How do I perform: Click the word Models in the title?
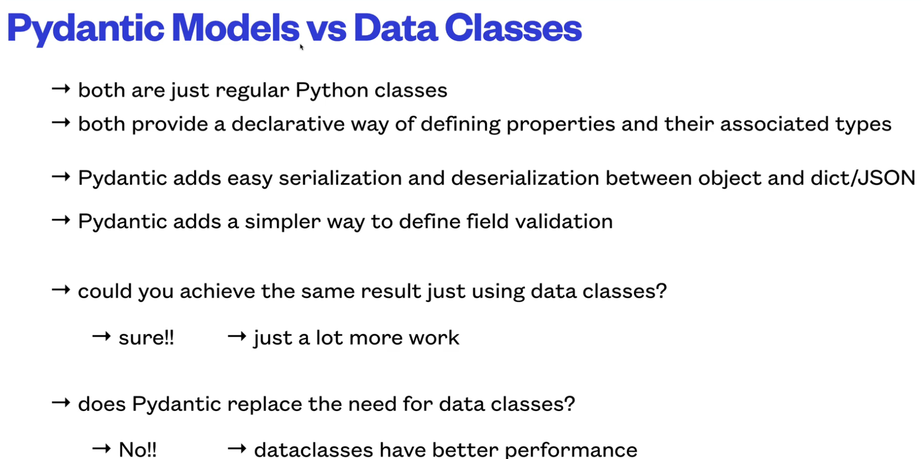point(236,28)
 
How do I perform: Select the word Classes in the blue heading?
point(513,28)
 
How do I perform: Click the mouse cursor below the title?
point(301,47)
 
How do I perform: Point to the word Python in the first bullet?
point(331,91)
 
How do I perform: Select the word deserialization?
point(525,178)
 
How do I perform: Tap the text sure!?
point(146,338)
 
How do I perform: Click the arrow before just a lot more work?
point(237,337)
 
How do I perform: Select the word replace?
point(265,404)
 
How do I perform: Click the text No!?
point(137,449)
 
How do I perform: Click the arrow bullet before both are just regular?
point(61,89)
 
